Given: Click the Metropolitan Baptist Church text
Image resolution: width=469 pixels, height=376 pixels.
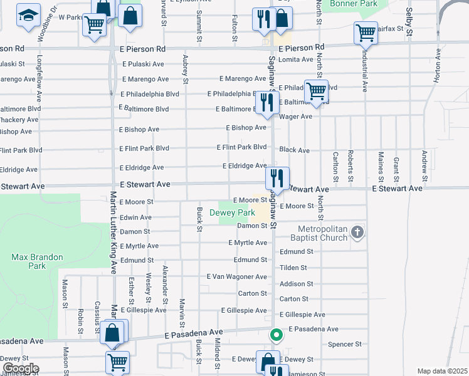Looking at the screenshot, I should click(319, 233).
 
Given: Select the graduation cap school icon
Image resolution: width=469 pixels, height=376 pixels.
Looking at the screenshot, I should click(28, 16).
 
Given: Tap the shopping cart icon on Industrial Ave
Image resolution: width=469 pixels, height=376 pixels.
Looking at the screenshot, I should click(366, 33).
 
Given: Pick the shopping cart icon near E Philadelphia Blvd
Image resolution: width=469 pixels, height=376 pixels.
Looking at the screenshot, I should click(316, 91).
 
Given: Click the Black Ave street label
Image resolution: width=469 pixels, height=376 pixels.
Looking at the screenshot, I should click(295, 150).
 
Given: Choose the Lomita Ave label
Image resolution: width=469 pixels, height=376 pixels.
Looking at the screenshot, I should click(297, 60).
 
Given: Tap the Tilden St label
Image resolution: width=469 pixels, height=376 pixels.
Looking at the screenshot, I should click(293, 268).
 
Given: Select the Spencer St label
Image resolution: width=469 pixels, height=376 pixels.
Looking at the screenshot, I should click(345, 344).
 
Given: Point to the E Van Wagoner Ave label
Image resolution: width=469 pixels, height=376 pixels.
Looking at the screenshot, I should click(237, 276).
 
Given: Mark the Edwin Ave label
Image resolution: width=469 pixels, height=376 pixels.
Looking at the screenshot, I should click(136, 217).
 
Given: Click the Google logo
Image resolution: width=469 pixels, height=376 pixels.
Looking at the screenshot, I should click(21, 368).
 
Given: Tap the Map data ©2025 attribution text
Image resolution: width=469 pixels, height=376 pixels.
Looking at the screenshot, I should click(442, 371).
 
